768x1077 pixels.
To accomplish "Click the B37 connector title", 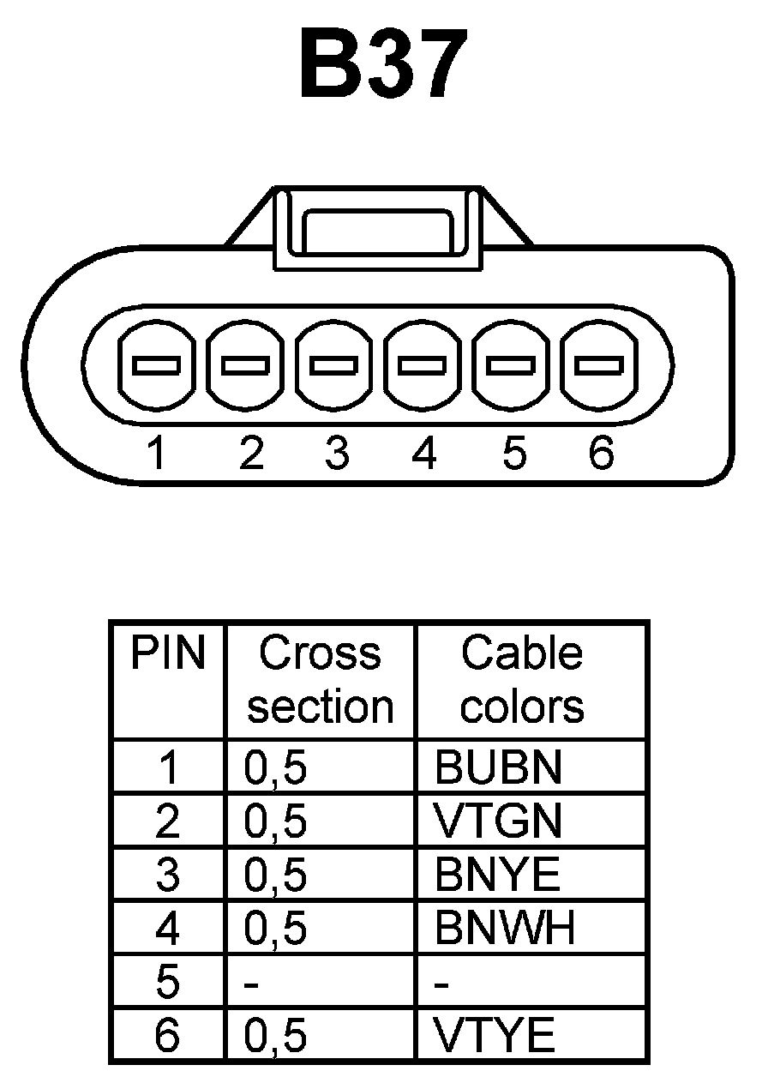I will point(383,65).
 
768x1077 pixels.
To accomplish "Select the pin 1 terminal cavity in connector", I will point(155,365).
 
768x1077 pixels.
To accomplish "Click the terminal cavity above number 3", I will point(333,365).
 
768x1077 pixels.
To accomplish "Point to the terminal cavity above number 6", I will point(597,365).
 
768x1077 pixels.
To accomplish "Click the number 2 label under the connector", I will point(249,453).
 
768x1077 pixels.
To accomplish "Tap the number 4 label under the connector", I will point(424,453).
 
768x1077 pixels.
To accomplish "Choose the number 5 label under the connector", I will point(513,453).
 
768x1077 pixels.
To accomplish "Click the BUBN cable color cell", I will point(498,768).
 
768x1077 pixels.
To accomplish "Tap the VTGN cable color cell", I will point(498,821).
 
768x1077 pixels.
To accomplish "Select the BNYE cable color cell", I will point(497,875).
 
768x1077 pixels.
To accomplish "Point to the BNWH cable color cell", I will point(504,928).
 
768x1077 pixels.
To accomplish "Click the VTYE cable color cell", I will point(495,1035).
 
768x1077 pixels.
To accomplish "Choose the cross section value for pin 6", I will point(275,1036).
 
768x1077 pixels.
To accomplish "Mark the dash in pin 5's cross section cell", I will point(251,984).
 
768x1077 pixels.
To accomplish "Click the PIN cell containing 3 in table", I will point(168,875).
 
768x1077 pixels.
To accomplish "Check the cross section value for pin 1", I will point(275,769).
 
